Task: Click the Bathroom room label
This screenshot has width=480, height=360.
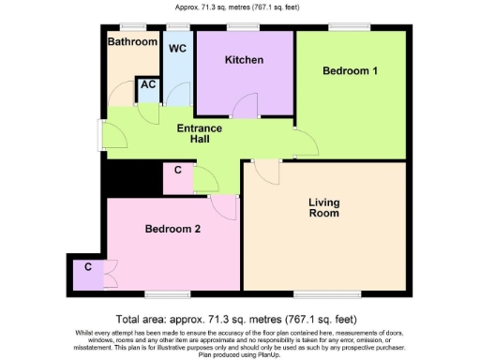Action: (x=132, y=42)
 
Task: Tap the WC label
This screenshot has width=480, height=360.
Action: (x=177, y=48)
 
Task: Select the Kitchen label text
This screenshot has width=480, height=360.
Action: (x=244, y=60)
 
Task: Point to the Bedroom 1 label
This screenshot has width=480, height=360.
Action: (x=351, y=71)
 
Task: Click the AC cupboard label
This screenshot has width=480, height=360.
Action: (x=148, y=85)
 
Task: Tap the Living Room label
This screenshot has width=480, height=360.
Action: (x=324, y=207)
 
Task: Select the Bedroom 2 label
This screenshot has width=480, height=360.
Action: (x=173, y=228)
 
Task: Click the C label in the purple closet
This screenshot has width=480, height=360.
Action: (x=88, y=267)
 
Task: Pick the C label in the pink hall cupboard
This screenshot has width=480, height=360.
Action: (x=178, y=171)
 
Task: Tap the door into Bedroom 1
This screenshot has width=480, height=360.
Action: (x=306, y=142)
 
